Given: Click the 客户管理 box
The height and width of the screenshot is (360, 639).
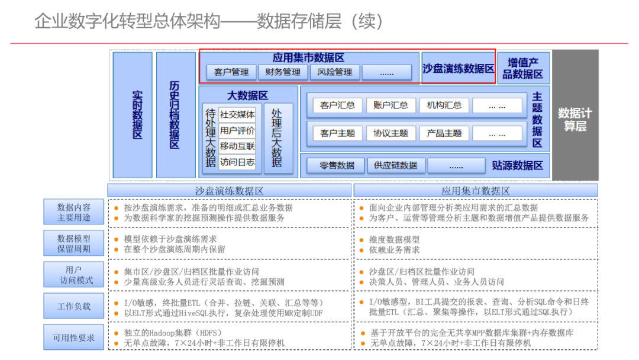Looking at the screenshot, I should click(231, 72).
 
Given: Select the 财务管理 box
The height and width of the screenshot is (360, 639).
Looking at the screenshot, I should click(283, 72).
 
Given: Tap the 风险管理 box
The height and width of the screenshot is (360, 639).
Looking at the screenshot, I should click(334, 72).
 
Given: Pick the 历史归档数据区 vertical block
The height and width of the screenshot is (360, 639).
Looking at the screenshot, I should click(175, 115).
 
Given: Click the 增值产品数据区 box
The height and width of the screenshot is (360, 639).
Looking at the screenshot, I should click(523, 68).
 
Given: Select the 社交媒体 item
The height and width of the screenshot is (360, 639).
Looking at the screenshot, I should click(237, 115).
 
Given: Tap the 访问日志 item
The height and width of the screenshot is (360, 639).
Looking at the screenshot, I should click(237, 162).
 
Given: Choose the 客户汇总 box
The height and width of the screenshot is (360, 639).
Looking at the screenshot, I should click(337, 105).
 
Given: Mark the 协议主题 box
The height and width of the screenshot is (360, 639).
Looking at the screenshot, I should click(390, 133).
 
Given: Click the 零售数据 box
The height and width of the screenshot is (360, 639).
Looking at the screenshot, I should click(337, 166).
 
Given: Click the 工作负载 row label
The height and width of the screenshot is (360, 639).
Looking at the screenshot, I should click(74, 307).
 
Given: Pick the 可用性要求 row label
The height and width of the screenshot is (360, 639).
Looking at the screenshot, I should click(74, 338).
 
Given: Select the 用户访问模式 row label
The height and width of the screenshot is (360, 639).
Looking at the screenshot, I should click(74, 275).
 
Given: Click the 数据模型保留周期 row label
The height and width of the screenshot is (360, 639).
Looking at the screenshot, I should click(74, 243).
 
